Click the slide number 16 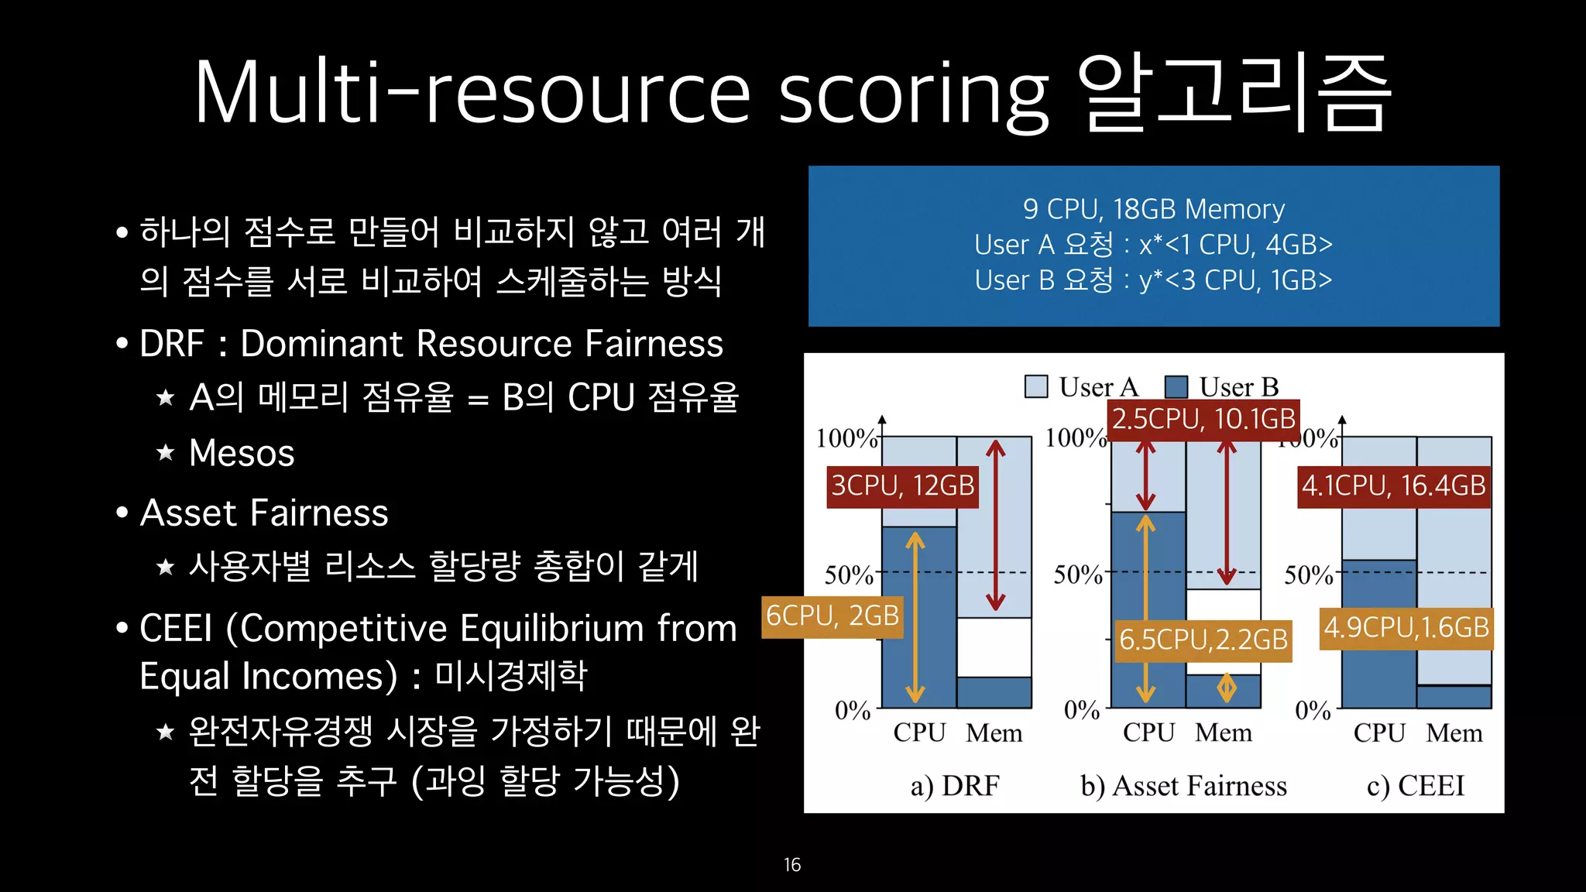tap(791, 865)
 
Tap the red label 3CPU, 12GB tap(902, 486)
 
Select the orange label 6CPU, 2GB tap(832, 616)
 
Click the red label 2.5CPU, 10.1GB tap(1203, 420)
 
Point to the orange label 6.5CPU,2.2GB tap(1203, 640)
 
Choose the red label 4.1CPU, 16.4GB tap(1394, 486)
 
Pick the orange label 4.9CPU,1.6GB tap(1406, 628)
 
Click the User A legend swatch tap(1035, 386)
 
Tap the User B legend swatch tap(1176, 386)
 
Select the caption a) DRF tap(955, 786)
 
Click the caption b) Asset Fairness tap(1183, 786)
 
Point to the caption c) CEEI tap(1416, 786)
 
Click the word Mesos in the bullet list tap(242, 453)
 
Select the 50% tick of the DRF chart tap(849, 575)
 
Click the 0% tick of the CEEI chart tap(1313, 710)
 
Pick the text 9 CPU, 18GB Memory tap(1154, 209)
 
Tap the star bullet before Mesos tap(166, 452)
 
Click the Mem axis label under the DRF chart tap(994, 732)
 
